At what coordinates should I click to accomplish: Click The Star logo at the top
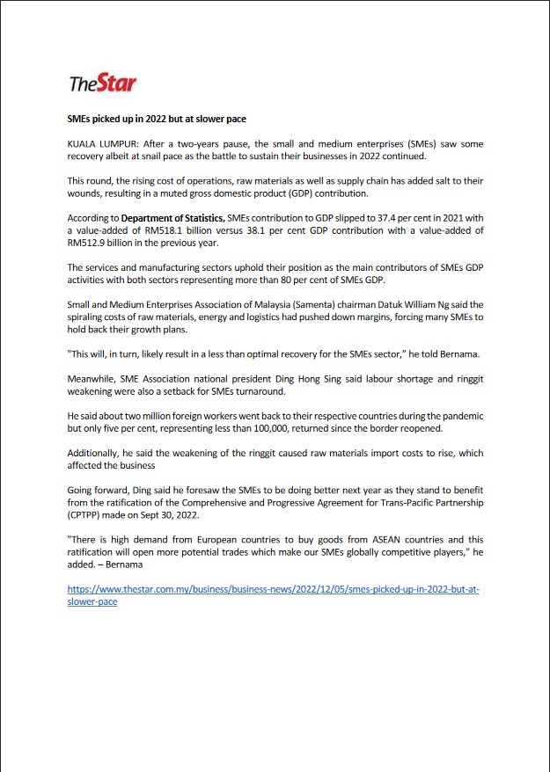pos(103,84)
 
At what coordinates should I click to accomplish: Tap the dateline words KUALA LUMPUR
pos(100,142)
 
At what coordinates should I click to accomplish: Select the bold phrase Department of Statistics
pos(172,217)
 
